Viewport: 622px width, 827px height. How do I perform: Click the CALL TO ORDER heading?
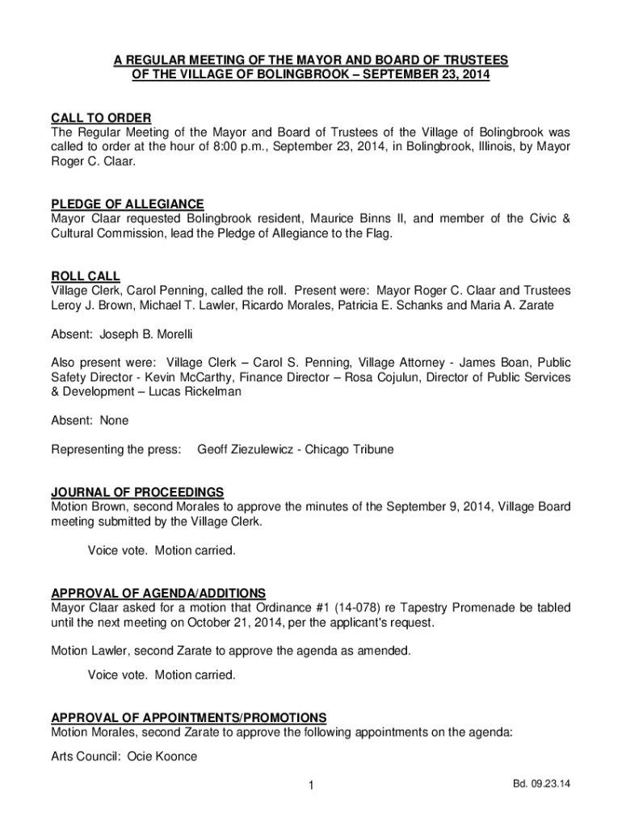pyautogui.click(x=101, y=119)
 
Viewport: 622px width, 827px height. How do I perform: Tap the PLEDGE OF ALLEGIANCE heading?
pyautogui.click(x=128, y=204)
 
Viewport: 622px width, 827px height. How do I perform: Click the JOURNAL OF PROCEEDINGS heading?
pyautogui.click(x=137, y=493)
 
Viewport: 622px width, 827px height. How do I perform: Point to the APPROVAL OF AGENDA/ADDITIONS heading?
pyautogui.click(x=158, y=594)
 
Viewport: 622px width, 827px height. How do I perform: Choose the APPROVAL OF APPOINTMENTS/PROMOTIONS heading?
pyautogui.click(x=189, y=717)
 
